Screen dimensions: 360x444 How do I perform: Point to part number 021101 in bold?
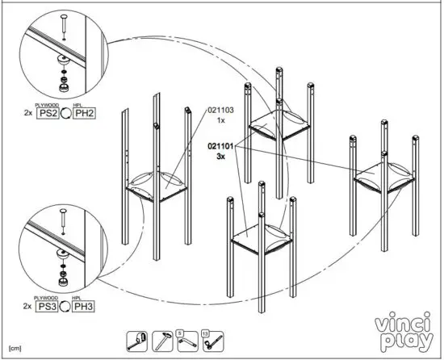coord(220,146)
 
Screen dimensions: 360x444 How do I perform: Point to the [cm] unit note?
coord(15,346)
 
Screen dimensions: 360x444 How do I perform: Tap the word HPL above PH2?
coord(79,105)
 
